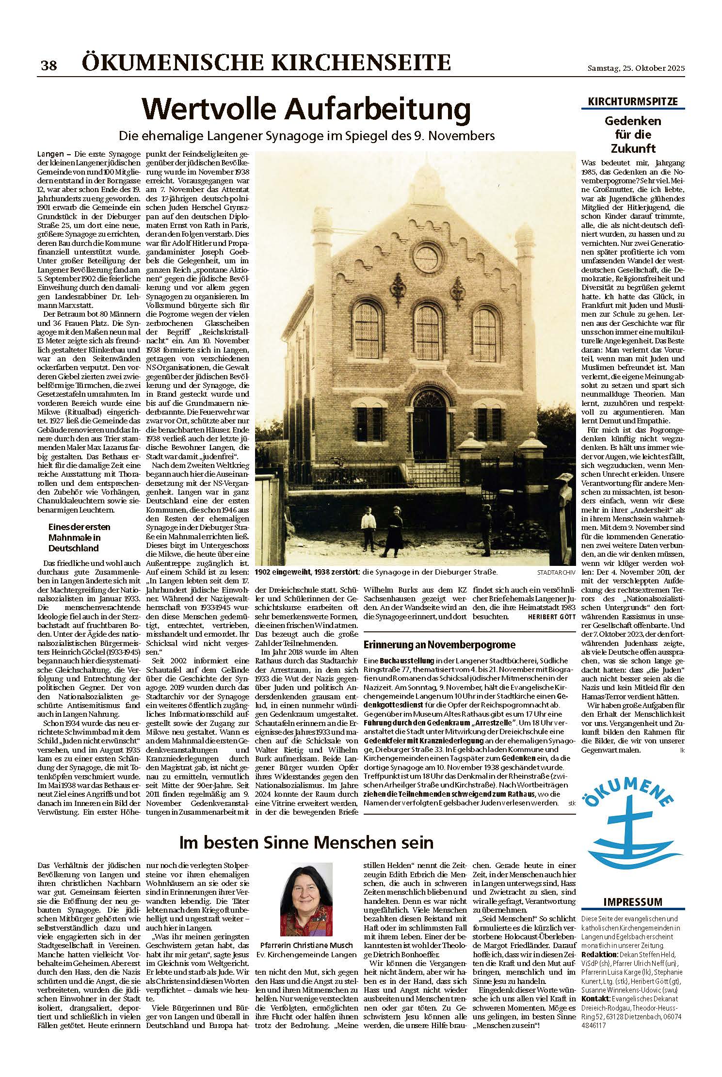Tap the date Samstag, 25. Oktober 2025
(633, 69)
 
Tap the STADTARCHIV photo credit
(556, 573)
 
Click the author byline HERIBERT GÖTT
(551, 617)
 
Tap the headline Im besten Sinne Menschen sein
(306, 842)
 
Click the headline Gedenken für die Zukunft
(632, 134)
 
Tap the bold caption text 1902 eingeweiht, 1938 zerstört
(307, 572)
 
